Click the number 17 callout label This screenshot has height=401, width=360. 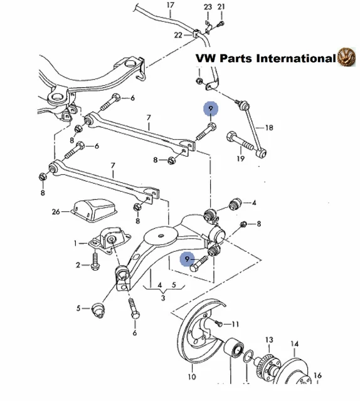pyautogui.click(x=170, y=6)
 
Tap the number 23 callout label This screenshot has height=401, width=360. pyautogui.click(x=208, y=6)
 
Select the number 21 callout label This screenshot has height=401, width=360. pyautogui.click(x=221, y=6)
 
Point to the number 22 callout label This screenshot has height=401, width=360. pyautogui.click(x=179, y=35)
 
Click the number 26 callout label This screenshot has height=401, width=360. pyautogui.click(x=56, y=212)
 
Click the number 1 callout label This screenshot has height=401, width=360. pyautogui.click(x=75, y=243)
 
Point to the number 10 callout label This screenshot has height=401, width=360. pyautogui.click(x=192, y=377)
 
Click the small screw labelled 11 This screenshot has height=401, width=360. pyautogui.click(x=218, y=323)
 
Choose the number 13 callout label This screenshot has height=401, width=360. pyautogui.click(x=268, y=340)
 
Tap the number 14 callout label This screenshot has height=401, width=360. pyautogui.click(x=295, y=343)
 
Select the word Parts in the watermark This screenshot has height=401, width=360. pyautogui.click(x=231, y=58)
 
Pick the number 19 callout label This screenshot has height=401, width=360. pyautogui.click(x=240, y=159)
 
